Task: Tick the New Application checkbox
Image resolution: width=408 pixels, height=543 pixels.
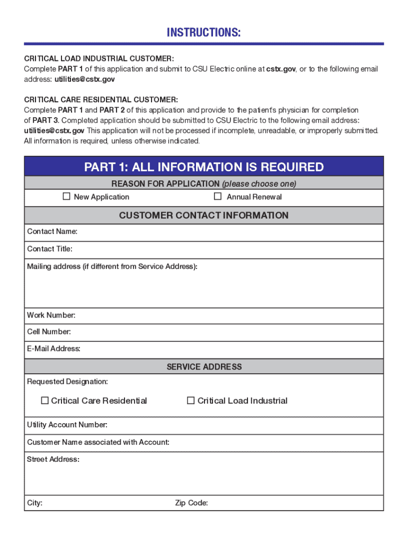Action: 67,197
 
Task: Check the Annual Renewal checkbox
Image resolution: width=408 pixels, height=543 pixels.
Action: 217,197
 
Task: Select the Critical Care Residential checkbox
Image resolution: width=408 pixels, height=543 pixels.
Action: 45,400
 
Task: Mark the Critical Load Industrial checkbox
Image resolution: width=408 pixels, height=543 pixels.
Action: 191,400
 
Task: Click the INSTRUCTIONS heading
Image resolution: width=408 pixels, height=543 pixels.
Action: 204,33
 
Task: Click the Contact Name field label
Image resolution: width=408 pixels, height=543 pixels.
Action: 52,232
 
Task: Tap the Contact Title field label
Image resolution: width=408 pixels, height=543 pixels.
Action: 50,249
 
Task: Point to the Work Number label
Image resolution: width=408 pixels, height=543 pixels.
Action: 51,316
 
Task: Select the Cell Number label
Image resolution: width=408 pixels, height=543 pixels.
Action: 49,332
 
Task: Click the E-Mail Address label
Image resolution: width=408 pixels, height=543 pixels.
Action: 54,349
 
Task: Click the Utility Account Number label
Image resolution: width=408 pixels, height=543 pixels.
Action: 67,425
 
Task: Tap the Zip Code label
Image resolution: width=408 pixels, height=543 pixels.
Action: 191,503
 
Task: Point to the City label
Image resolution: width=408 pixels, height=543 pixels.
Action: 34,503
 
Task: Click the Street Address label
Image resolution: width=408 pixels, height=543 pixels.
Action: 53,459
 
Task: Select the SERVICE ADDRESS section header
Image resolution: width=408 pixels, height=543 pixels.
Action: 204,366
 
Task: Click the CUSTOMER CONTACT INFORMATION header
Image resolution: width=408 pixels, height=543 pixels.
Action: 204,215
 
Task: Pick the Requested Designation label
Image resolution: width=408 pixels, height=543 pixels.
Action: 67,382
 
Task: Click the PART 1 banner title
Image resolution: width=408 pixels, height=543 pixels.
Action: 204,168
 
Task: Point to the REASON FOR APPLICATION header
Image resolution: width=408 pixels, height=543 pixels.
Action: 204,184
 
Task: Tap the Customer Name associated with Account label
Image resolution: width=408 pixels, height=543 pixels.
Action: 98,442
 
